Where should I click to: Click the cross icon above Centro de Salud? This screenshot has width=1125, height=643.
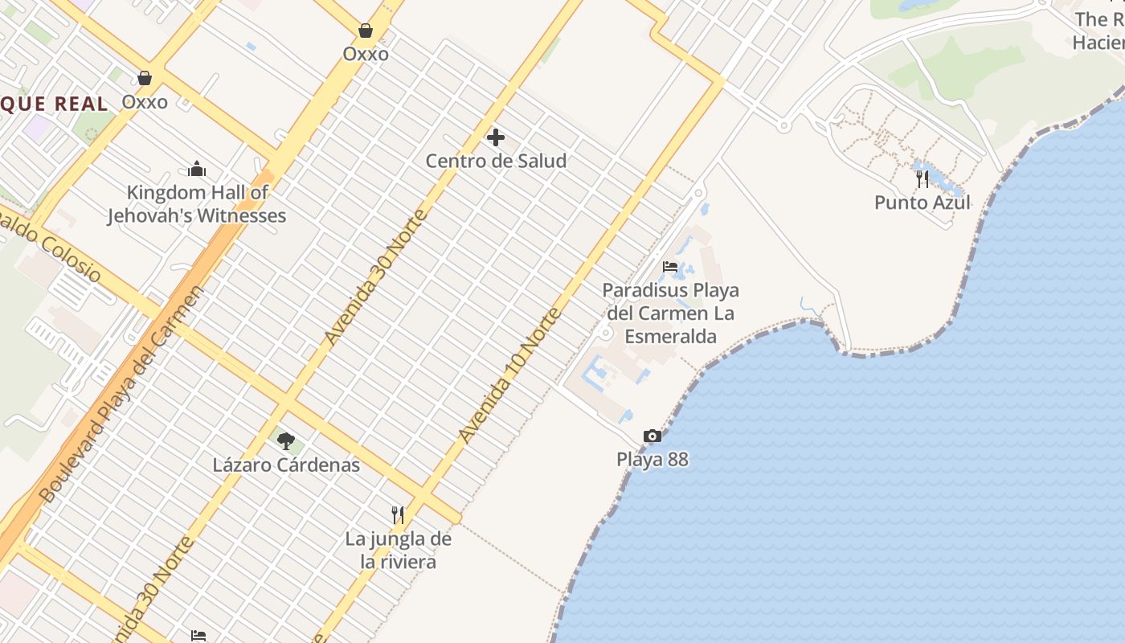pos(496,137)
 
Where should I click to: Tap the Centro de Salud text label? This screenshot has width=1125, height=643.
pos(496,161)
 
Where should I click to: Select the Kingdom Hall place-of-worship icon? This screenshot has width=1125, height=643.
pos(197,169)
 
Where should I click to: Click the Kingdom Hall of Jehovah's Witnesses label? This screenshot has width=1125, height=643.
pos(197,204)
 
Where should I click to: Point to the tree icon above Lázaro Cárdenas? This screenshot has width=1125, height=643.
pos(285,440)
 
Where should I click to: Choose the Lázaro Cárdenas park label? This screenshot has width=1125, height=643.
pos(286,465)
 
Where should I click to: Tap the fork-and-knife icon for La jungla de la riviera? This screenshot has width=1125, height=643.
pos(398,514)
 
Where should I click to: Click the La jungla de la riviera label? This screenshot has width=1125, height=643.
pos(399,550)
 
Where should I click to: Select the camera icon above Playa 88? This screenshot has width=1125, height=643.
pos(652,436)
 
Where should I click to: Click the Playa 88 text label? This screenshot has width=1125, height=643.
pos(652,460)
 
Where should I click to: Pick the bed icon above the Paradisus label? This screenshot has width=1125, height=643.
pos(670,267)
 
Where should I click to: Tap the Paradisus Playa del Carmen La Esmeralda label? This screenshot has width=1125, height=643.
pos(670,313)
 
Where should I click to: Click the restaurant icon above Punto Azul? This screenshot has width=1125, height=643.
pos(922,178)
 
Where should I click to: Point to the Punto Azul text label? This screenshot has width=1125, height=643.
pos(922,203)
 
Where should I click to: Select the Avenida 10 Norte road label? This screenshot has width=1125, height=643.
pos(509,375)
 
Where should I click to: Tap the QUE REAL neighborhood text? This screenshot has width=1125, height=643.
pos(54,104)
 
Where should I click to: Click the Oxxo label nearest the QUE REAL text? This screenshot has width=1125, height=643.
pos(145,102)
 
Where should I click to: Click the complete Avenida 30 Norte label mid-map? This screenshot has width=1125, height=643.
pos(376,277)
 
